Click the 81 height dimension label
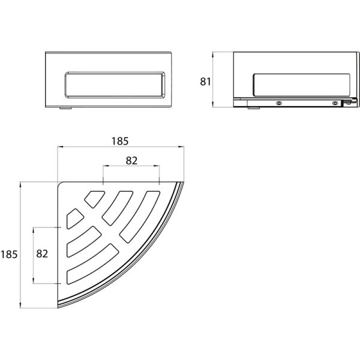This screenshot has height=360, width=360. (205, 82)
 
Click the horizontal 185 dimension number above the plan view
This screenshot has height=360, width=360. (120, 141)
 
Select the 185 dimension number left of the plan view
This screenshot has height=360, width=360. (9, 254)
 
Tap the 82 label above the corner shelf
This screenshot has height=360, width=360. (131, 161)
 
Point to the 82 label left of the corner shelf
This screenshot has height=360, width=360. (42, 254)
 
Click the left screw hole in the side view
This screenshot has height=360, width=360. (279, 103)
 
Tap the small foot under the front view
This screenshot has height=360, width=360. (65, 108)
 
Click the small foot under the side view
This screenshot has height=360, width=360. (254, 108)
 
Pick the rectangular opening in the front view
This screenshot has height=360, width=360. (115, 85)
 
